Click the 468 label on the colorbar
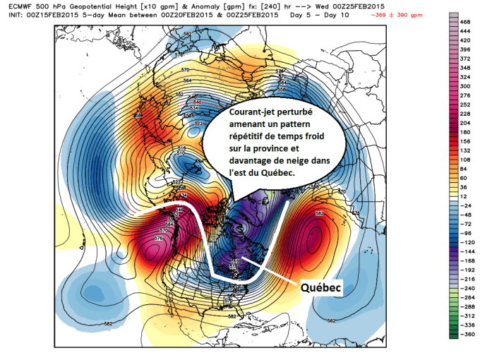coord(466,23)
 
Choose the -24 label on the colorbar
coord(465,189)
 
